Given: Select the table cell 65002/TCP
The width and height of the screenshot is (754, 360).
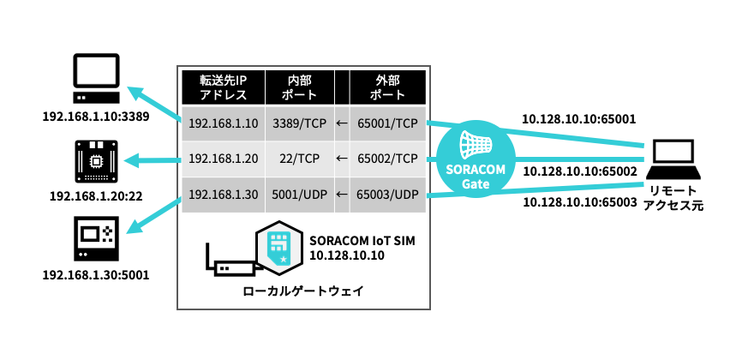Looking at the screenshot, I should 387,159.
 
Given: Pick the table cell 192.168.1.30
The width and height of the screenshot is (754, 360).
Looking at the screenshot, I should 223,194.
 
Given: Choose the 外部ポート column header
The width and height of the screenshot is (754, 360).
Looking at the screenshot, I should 387,87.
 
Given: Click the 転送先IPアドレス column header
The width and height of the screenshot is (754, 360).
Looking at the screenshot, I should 223,87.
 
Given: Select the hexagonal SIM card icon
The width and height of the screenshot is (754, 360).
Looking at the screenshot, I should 279,247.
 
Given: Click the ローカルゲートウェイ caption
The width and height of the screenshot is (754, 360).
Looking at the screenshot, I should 303,291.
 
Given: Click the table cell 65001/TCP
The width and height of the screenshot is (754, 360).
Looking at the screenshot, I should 387,123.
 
